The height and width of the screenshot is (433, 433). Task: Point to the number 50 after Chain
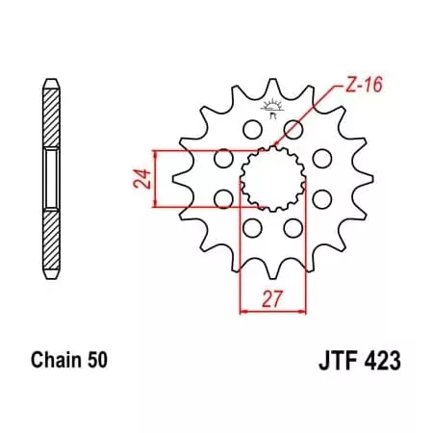point(96,362)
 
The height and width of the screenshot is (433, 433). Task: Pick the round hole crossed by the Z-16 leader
point(294,129)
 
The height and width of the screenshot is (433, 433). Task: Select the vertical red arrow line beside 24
point(153,179)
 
